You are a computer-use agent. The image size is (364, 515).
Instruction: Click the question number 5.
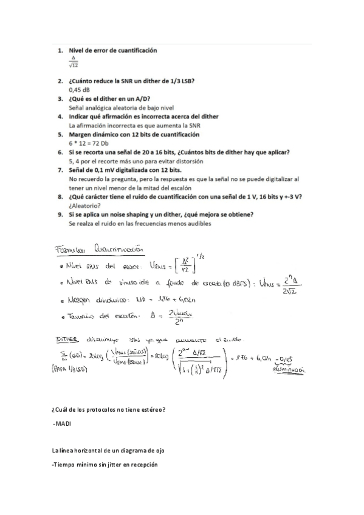click(60, 134)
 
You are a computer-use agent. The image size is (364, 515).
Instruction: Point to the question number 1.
click(60, 49)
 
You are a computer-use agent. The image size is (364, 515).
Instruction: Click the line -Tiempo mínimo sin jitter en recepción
click(105, 465)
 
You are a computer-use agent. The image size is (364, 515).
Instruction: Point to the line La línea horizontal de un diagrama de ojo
click(108, 451)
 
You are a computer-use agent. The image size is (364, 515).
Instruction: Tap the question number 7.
click(60, 170)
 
